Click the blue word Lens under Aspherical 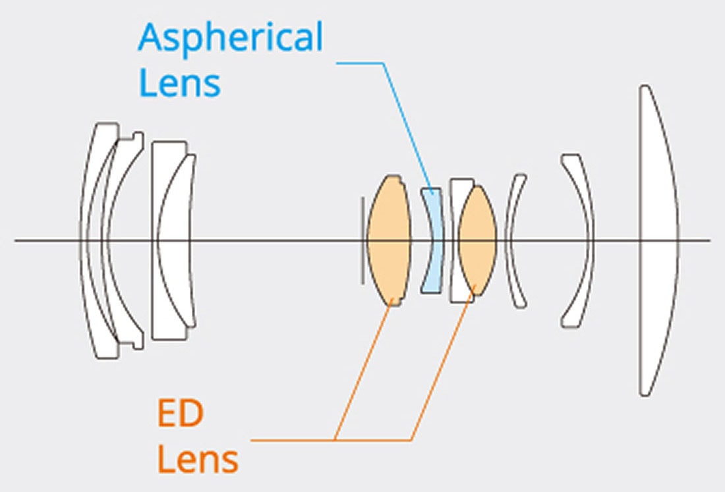[x=179, y=84]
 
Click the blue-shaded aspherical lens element [x=432, y=240]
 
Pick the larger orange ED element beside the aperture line [x=389, y=240]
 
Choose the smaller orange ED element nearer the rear [x=478, y=240]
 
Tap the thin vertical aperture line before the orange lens [x=362, y=217]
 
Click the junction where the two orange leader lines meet [x=336, y=439]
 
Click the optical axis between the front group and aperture [x=277, y=240]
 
